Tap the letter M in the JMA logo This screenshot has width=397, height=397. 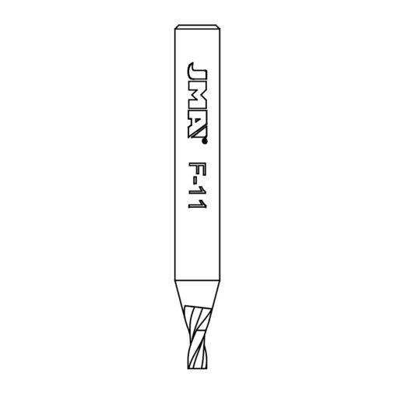tap(197, 97)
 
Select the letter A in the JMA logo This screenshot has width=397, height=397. tap(197, 125)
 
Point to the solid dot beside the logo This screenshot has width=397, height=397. tap(205, 142)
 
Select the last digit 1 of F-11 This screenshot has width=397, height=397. tap(197, 205)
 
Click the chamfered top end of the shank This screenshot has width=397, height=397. tap(197, 26)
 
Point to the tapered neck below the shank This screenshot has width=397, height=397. tap(197, 293)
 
